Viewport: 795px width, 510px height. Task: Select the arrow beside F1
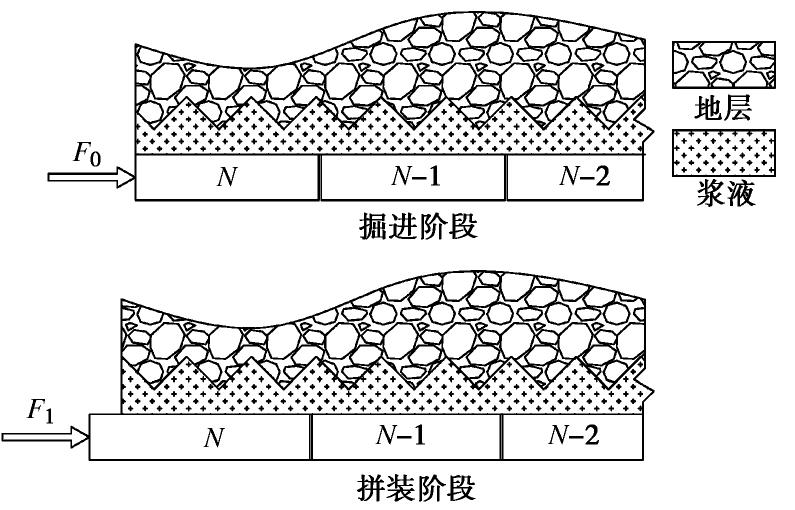click(x=45, y=437)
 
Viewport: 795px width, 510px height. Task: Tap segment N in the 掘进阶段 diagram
click(x=227, y=178)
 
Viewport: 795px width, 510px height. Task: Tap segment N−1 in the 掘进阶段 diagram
click(x=413, y=178)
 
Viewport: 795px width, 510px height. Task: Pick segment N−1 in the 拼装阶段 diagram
click(x=405, y=437)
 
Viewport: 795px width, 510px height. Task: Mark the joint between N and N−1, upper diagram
click(x=320, y=178)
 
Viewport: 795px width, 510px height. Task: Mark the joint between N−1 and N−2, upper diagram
click(x=506, y=178)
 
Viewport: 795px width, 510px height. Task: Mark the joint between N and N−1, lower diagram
click(x=311, y=437)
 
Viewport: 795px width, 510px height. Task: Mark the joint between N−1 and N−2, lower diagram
click(x=500, y=437)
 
